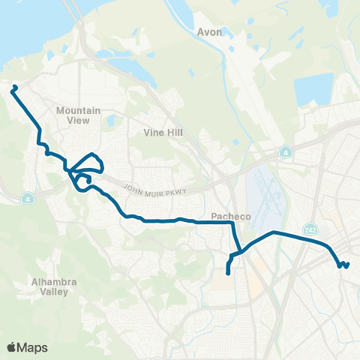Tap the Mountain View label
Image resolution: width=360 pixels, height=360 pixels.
(78, 115)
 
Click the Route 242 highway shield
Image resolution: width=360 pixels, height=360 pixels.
(310, 227)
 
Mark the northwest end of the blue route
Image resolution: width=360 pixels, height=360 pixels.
(13, 88)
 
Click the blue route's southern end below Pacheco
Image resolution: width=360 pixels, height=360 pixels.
(228, 273)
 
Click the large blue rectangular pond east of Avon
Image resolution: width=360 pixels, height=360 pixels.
(313, 90)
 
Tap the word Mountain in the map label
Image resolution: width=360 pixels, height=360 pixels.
(78, 110)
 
